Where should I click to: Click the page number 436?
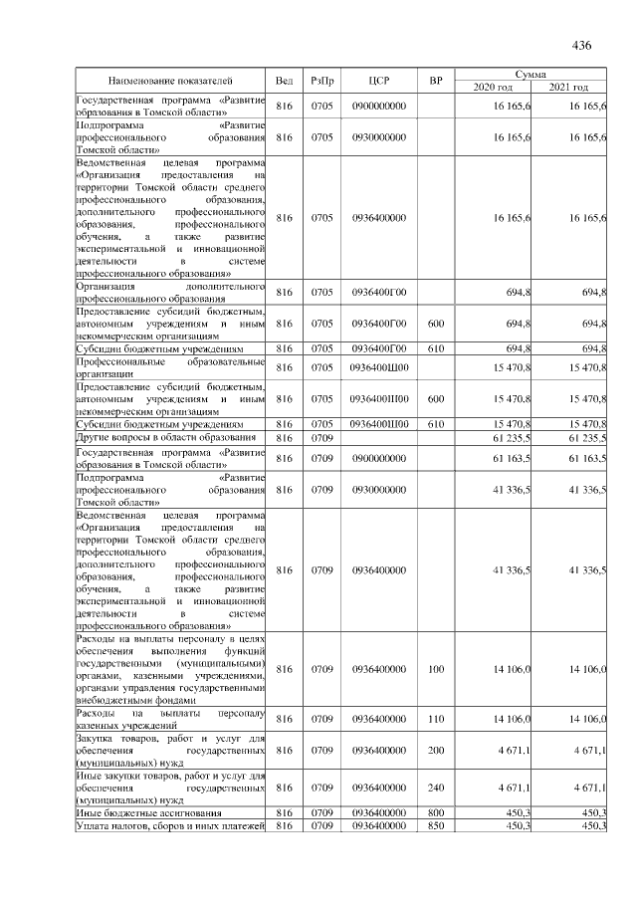coord(582,45)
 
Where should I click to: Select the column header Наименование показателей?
coord(169,80)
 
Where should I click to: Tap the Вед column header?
coord(285,80)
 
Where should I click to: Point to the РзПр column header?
coord(321,80)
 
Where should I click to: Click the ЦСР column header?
coord(378,80)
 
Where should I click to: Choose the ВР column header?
coord(435,80)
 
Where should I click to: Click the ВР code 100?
coord(435,668)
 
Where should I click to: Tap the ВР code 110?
coord(435,719)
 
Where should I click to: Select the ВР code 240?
coord(435,786)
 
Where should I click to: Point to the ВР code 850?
coord(435,826)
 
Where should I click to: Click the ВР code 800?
coord(435,812)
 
